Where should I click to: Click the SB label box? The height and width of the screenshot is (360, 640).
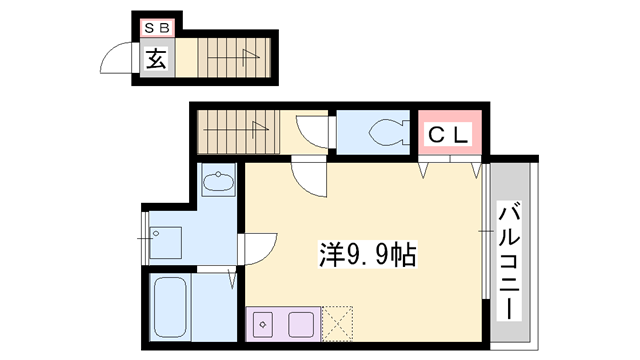pos(158,29)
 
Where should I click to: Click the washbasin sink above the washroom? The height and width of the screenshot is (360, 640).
pos(217,183)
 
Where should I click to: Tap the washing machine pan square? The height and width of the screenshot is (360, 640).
pos(166,237)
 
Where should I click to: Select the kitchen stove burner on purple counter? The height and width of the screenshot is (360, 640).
pos(263,324)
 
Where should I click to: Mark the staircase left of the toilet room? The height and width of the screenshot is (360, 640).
pos(236,130)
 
